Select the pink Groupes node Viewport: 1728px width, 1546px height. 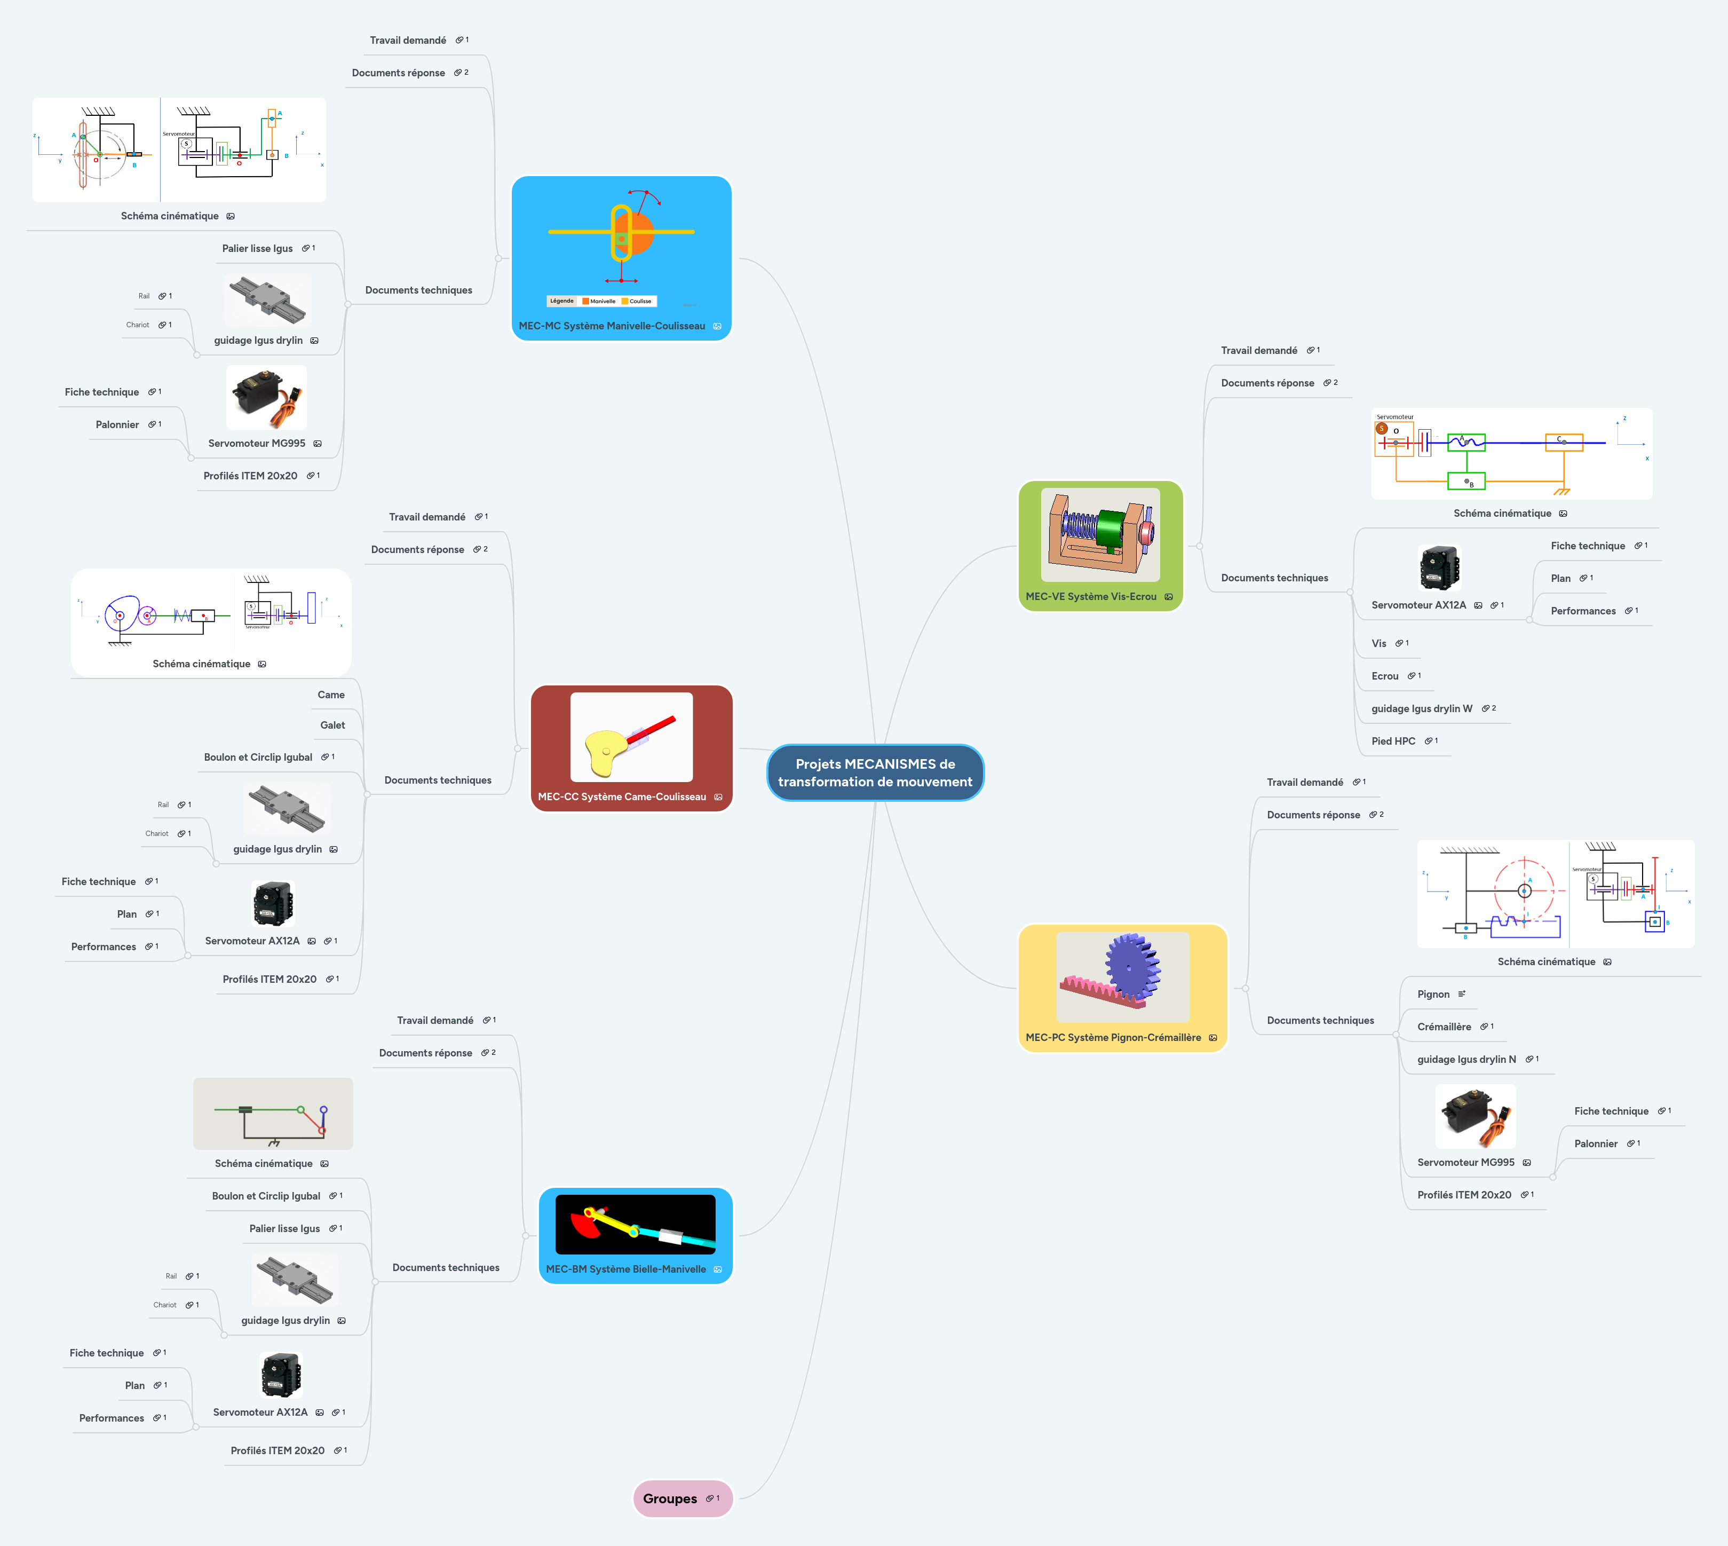coord(670,1498)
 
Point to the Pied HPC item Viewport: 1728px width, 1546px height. coord(1392,741)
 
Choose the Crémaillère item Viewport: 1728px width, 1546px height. coord(1444,1026)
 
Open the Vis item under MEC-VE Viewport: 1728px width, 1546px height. coord(1378,643)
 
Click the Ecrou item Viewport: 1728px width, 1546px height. coord(1384,675)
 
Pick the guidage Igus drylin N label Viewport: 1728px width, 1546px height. coord(1465,1059)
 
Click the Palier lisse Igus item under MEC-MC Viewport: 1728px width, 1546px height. coord(257,248)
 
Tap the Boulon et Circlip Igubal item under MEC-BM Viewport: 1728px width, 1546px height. coord(266,1195)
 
